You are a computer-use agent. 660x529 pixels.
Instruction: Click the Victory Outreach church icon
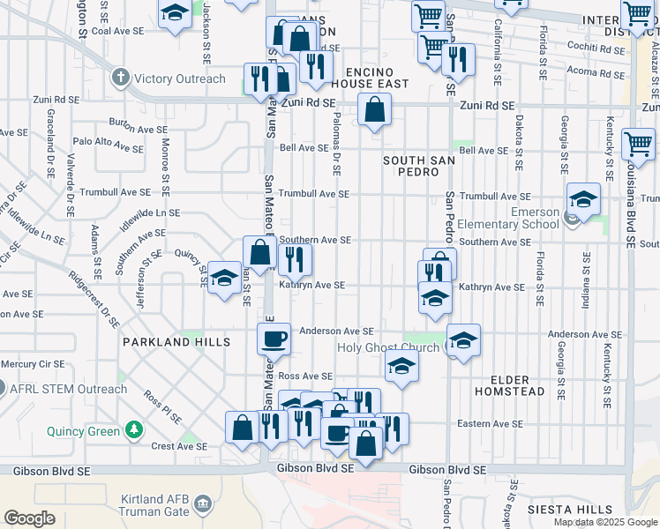pos(121,78)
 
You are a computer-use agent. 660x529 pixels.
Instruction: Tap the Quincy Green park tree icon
pos(133,430)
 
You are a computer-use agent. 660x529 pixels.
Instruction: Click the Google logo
pos(29,518)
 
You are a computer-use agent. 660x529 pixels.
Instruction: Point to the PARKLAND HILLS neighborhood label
pos(176,341)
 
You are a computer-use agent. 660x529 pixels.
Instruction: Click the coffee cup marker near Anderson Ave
pos(274,338)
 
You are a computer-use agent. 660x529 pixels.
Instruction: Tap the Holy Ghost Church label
pos(388,347)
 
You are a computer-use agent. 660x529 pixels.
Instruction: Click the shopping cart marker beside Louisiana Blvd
pos(639,143)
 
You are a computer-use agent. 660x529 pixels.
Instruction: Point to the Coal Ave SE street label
pos(110,31)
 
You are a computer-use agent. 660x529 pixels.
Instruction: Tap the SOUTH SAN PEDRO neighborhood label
pos(411,166)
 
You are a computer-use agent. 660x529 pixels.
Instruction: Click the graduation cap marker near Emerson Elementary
pos(583,198)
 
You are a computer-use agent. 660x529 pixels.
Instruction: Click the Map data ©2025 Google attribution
pos(605,521)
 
